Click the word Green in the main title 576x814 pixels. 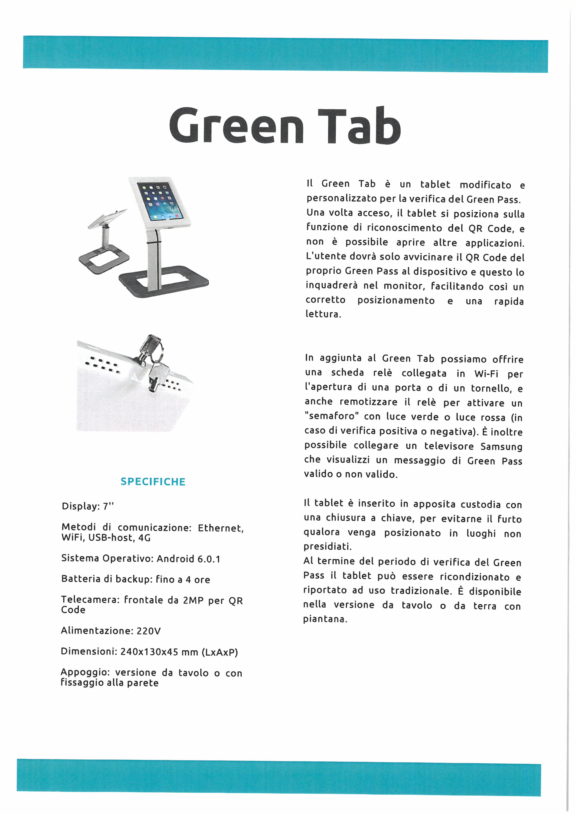236,126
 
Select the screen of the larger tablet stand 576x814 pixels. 160,201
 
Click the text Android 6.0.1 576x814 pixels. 188,559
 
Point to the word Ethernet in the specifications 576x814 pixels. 221,528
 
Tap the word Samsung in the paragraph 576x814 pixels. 501,446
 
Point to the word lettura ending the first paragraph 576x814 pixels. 323,314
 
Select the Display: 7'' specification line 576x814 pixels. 88,506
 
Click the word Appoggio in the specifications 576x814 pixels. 83,673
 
